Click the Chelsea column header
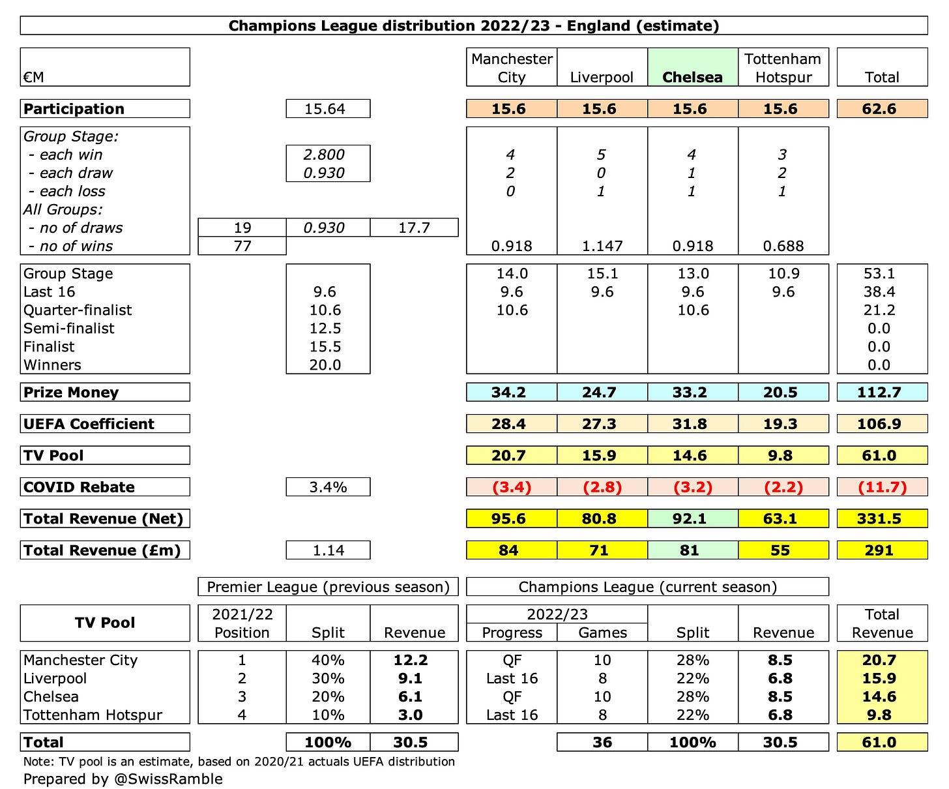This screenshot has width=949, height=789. point(692,77)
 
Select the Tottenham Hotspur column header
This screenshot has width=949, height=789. point(783,68)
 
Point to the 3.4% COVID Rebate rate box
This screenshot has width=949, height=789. point(328,487)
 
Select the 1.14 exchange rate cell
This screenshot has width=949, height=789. point(328,550)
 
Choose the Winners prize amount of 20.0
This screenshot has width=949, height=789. point(325,365)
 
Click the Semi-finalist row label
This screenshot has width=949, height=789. point(69,329)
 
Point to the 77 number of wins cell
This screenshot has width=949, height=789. point(242,246)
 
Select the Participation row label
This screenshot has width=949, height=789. point(74,109)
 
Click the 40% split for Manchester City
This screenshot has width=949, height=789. point(328,660)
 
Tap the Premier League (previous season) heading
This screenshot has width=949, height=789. point(328,587)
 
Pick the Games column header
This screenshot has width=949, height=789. point(602,633)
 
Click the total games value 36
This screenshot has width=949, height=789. point(602,742)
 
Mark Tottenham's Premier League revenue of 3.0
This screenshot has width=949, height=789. point(411,715)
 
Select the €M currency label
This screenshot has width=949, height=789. point(34,77)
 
